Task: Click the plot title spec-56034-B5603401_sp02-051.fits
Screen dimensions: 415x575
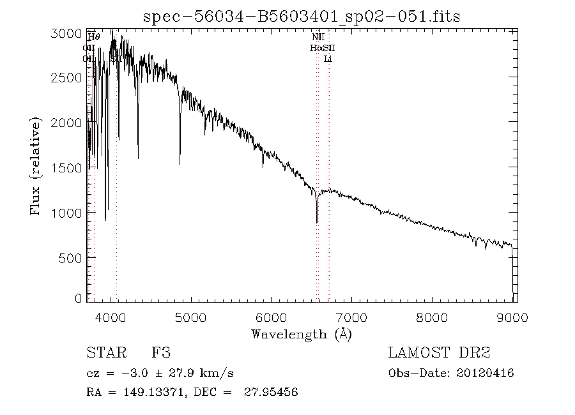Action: pos(302,17)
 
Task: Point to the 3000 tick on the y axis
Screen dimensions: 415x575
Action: pos(66,33)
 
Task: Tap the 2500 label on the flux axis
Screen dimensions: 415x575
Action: pos(66,77)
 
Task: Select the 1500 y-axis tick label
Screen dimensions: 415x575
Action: pos(66,167)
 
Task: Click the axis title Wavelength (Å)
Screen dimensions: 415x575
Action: pos(302,333)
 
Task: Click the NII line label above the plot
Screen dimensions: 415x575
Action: pos(318,38)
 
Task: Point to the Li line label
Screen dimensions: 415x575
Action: pos(328,59)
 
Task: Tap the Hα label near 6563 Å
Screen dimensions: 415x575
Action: pos(315,48)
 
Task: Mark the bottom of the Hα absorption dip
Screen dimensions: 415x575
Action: pos(317,222)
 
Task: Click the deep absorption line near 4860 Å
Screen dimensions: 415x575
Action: pos(180,163)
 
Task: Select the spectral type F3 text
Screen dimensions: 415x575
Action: pos(160,352)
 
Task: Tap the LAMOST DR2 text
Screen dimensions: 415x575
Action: pos(439,352)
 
